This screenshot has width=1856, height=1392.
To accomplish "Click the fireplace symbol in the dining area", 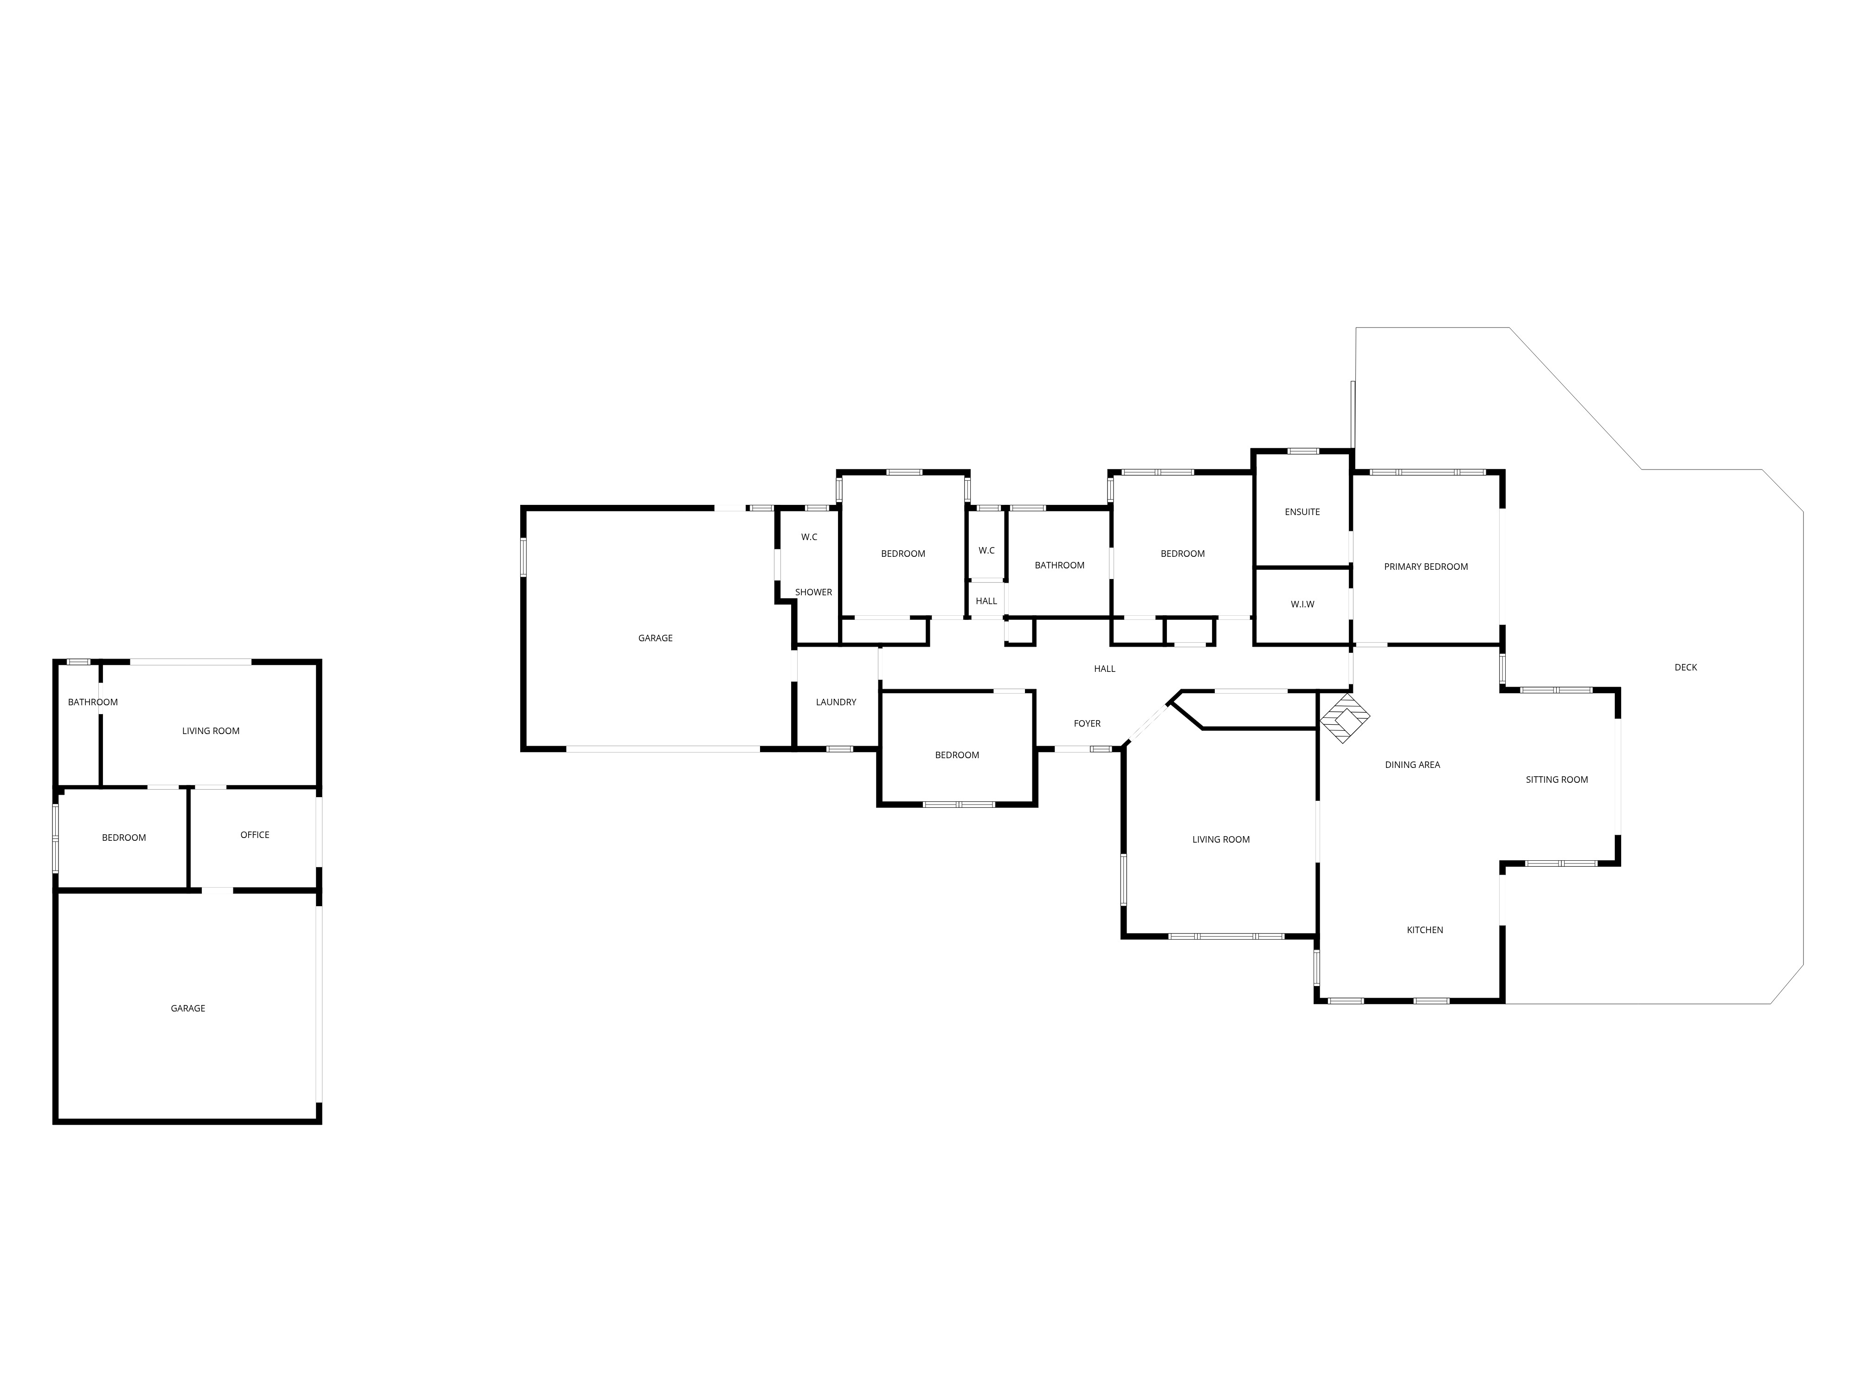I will (1345, 718).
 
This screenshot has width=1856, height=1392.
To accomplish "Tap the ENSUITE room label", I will (1302, 512).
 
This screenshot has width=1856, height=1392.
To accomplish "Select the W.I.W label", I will (1302, 604).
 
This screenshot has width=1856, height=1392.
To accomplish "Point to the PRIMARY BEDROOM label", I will (1425, 567).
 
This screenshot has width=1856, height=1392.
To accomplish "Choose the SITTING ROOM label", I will (1556, 780).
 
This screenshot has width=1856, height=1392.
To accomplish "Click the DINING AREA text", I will (1412, 764).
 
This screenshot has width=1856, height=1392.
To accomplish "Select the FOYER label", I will (1087, 723).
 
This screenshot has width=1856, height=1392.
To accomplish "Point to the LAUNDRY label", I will (836, 702).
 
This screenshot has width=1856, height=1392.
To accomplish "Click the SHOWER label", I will (813, 593).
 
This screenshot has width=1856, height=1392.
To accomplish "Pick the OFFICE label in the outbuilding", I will (254, 835).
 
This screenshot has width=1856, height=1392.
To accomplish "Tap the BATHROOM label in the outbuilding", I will (92, 702).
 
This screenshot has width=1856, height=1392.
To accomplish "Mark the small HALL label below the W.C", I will (986, 601).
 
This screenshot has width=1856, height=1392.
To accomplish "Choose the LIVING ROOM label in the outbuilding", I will (211, 731).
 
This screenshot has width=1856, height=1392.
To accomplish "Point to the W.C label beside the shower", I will (809, 537).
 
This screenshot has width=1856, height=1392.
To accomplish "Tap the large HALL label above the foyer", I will (1104, 669).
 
